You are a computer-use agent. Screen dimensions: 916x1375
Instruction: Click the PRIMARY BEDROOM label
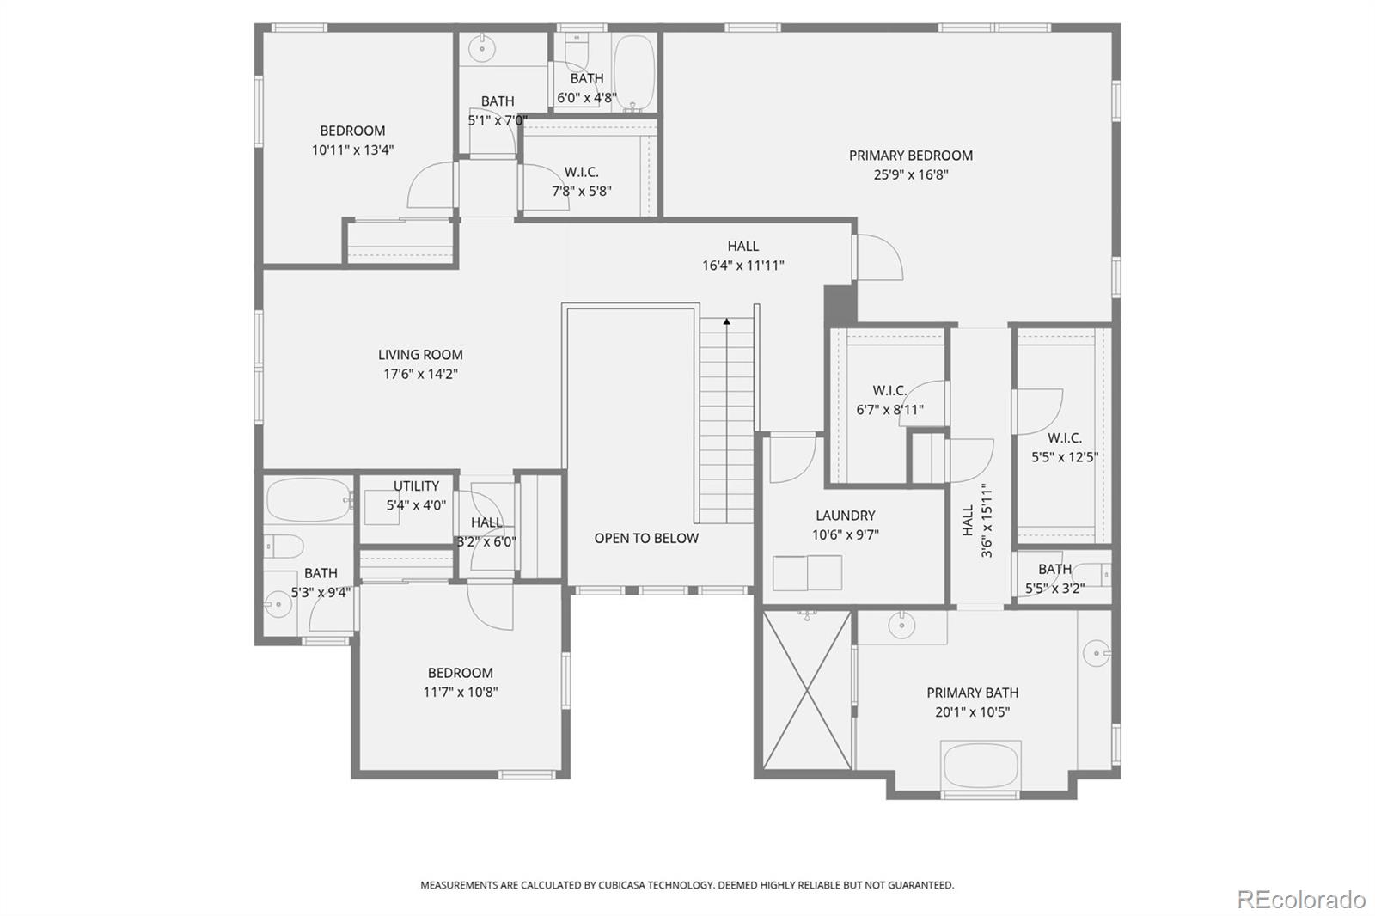tap(910, 156)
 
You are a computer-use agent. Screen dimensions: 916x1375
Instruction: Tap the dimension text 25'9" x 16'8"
tap(910, 174)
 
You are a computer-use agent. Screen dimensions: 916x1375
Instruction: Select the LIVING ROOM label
tap(420, 354)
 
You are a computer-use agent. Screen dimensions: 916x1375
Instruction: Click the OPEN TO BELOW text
tap(646, 538)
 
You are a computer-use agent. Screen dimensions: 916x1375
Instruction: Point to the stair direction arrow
tap(727, 321)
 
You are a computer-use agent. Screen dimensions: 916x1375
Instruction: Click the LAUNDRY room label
tap(845, 515)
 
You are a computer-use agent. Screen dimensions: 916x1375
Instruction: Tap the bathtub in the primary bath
tap(981, 766)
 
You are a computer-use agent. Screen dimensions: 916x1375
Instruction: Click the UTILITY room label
tap(416, 485)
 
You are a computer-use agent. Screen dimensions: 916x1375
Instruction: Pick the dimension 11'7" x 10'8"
tap(461, 692)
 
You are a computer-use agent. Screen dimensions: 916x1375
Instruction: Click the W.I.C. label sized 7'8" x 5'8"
tap(581, 172)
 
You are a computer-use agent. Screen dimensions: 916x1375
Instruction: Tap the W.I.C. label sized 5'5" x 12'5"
tap(1064, 437)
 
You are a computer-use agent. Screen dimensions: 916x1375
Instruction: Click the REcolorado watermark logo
tap(1301, 900)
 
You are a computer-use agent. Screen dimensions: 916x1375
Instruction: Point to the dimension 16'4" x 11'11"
tap(742, 266)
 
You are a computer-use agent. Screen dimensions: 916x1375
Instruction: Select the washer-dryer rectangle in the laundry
tap(807, 573)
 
